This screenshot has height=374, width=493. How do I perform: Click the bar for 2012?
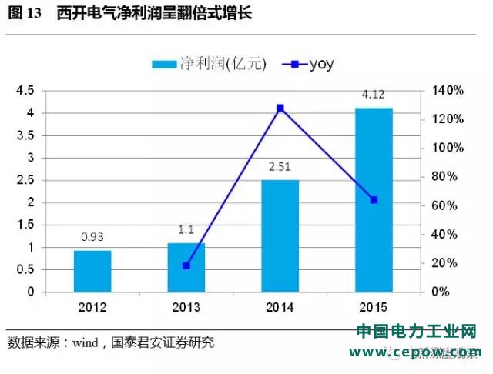[x=92, y=271]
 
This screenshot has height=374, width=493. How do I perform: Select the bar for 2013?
[x=186, y=267]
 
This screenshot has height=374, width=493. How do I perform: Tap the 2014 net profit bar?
[x=280, y=235]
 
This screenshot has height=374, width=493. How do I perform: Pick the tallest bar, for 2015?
[x=374, y=200]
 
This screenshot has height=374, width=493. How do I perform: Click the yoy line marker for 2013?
[x=186, y=265]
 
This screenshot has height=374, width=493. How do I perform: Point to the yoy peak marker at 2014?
[x=280, y=108]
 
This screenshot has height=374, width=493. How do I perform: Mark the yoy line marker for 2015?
[x=374, y=200]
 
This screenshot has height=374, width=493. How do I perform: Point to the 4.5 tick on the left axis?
[x=47, y=91]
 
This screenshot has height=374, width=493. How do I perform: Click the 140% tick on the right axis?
[x=447, y=91]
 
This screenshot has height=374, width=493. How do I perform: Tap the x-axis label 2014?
[x=280, y=307]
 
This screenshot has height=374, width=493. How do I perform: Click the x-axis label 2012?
[x=92, y=307]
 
